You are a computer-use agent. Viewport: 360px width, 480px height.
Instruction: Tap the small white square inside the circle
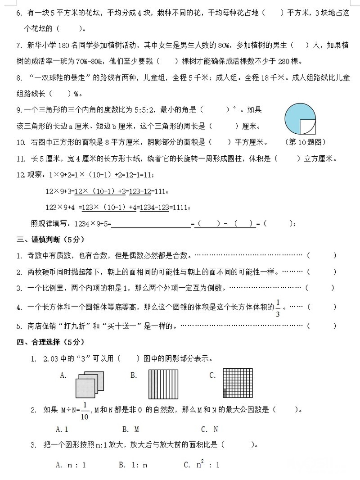tap(307, 127)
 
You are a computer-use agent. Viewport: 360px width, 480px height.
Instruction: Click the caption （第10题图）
tap(305, 142)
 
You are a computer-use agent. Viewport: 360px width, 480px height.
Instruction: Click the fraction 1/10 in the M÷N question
tap(84, 411)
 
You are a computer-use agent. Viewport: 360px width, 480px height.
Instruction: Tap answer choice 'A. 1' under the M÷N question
tap(62, 429)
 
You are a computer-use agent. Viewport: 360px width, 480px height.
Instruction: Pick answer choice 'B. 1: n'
tap(133, 465)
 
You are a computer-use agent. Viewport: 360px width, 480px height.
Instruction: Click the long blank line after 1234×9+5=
tap(150, 224)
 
